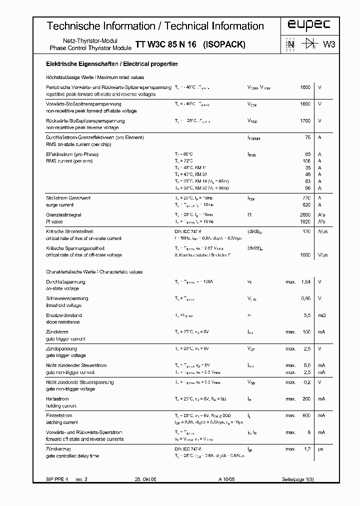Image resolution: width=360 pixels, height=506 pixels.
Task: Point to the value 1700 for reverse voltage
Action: (305, 120)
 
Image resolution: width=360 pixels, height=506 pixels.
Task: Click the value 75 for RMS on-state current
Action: (307, 137)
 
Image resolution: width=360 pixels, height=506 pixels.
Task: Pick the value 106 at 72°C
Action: (306, 161)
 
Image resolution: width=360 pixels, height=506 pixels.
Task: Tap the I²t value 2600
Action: (305, 214)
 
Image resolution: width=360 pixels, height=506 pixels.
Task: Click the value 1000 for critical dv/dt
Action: (305, 255)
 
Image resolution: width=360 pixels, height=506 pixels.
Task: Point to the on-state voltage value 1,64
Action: (305, 282)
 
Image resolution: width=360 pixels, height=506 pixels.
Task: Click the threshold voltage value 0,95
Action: (305, 298)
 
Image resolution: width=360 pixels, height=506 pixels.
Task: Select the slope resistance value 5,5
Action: (306, 315)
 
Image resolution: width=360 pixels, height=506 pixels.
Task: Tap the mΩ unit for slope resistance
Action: (322, 315)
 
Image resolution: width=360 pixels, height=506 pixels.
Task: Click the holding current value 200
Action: (306, 398)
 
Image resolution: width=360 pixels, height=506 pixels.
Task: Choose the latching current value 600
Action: (306, 415)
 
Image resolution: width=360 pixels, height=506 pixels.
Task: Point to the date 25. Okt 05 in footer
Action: (145, 479)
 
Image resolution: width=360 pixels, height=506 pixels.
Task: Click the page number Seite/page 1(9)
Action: (297, 479)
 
